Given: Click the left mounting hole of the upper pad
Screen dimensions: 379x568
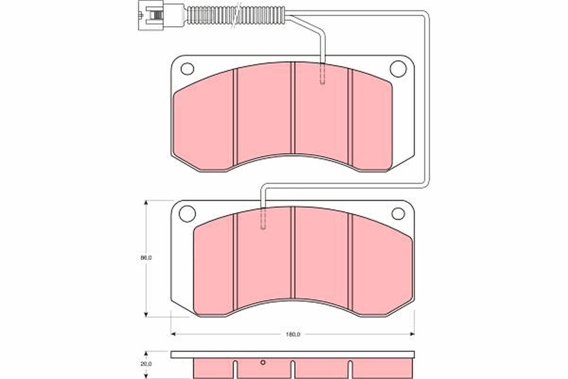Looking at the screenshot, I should coord(187,69).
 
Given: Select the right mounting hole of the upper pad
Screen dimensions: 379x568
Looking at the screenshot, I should coord(398,69).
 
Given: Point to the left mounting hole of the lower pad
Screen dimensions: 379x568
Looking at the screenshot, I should coord(187,214).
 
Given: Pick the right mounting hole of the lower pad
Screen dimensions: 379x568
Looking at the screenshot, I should coord(398,214).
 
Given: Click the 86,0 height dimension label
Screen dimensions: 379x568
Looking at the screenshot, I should coord(146,258).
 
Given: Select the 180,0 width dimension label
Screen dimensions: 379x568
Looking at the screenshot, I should coord(293,334).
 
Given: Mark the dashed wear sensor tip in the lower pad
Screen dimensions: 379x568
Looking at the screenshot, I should coord(264,219).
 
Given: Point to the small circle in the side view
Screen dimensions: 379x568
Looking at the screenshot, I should coord(264,363).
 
